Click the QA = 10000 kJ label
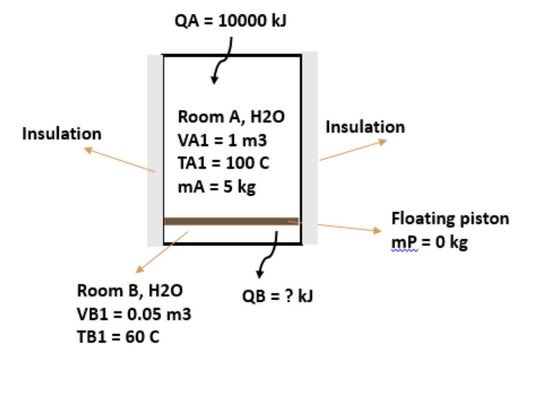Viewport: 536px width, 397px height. coord(231,21)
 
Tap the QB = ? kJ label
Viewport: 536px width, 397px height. coord(277,297)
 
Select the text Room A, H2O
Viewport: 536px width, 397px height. coord(231,117)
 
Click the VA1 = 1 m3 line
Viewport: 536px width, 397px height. coord(222,140)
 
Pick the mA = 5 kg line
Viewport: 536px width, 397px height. coord(217,187)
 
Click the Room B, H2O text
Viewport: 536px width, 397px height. coord(130,290)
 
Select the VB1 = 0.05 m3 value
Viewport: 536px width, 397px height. coord(134,314)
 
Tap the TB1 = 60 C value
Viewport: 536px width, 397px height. coord(118,337)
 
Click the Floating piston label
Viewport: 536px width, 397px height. coord(450,218)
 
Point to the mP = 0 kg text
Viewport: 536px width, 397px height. coord(429,242)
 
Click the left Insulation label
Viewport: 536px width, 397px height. coord(62,134)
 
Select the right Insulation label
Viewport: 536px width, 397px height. coord(365,127)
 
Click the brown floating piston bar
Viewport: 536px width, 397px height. coord(231,221)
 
